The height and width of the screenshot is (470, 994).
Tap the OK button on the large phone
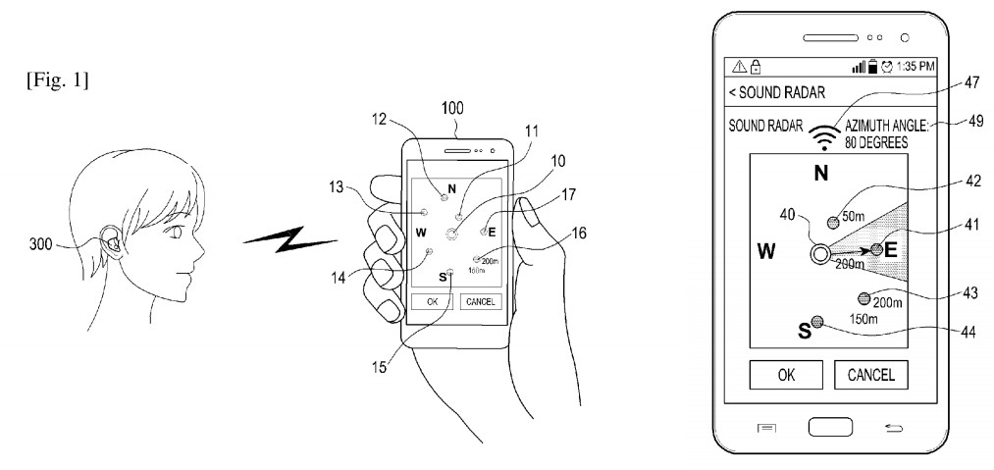[786, 374]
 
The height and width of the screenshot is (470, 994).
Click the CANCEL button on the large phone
[870, 374]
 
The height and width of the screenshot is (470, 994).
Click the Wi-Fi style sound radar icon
[824, 137]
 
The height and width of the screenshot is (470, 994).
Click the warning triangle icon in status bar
[739, 66]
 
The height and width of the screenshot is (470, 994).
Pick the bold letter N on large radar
[821, 173]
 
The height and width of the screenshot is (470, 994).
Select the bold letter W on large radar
[766, 252]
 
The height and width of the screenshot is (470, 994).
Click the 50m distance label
[854, 217]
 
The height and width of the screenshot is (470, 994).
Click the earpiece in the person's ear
[114, 241]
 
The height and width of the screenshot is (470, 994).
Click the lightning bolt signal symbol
[289, 237]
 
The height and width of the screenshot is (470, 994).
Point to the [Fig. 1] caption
[58, 81]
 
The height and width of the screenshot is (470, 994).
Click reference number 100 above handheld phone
[452, 109]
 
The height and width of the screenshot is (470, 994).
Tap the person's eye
[172, 233]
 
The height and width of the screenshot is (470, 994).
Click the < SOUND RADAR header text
[776, 92]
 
